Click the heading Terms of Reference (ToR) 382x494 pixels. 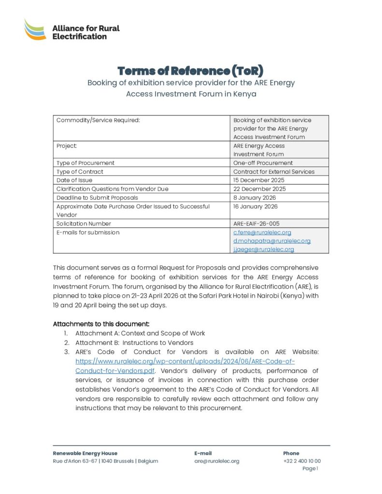(x=191, y=71)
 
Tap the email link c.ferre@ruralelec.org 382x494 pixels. (x=262, y=232)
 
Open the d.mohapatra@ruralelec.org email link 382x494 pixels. (x=272, y=241)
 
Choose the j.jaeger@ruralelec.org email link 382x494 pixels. (x=264, y=249)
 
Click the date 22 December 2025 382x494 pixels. (x=259, y=189)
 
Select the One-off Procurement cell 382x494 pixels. (x=263, y=163)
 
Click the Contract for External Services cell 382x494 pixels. (x=274, y=171)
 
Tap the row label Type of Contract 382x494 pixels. (x=80, y=171)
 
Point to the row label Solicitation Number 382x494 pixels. (x=84, y=223)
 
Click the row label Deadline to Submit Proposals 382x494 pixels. (x=97, y=197)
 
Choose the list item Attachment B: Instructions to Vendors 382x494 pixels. (x=134, y=343)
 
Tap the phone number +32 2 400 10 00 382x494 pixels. (x=302, y=461)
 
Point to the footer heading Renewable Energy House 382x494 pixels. (x=85, y=453)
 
